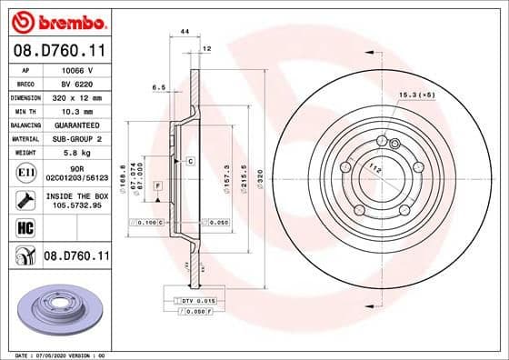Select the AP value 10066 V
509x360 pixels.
click(75, 69)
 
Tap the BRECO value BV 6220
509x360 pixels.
click(75, 83)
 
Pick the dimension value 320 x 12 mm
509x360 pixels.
click(76, 96)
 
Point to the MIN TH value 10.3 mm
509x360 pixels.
click(76, 110)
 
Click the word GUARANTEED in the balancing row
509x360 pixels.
click(76, 125)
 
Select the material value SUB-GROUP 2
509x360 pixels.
click(76, 138)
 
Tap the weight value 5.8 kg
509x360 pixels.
click(76, 153)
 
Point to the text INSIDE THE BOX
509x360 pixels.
click(76, 195)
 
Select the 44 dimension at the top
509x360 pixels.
click(185, 32)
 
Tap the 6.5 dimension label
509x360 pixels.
click(156, 88)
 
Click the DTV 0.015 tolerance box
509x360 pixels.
click(194, 301)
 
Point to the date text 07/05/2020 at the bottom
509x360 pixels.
click(60, 354)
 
